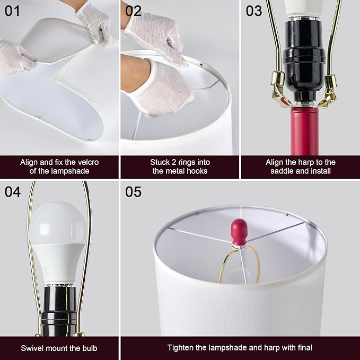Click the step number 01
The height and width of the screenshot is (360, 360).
point(12,11)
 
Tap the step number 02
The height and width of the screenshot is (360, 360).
point(133,11)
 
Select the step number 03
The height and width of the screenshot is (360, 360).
point(254,11)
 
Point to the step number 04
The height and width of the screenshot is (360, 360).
point(13,192)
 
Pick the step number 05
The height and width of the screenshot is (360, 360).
point(133,192)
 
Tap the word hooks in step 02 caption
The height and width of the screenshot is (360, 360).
point(197,171)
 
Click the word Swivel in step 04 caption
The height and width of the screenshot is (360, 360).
point(32,348)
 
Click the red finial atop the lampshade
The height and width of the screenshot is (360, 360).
point(239,232)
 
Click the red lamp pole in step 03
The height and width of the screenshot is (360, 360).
point(304,131)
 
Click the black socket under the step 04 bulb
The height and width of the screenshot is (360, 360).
point(59,310)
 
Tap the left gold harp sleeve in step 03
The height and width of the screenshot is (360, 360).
point(278,78)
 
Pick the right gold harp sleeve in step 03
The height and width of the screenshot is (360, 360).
point(331,81)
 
